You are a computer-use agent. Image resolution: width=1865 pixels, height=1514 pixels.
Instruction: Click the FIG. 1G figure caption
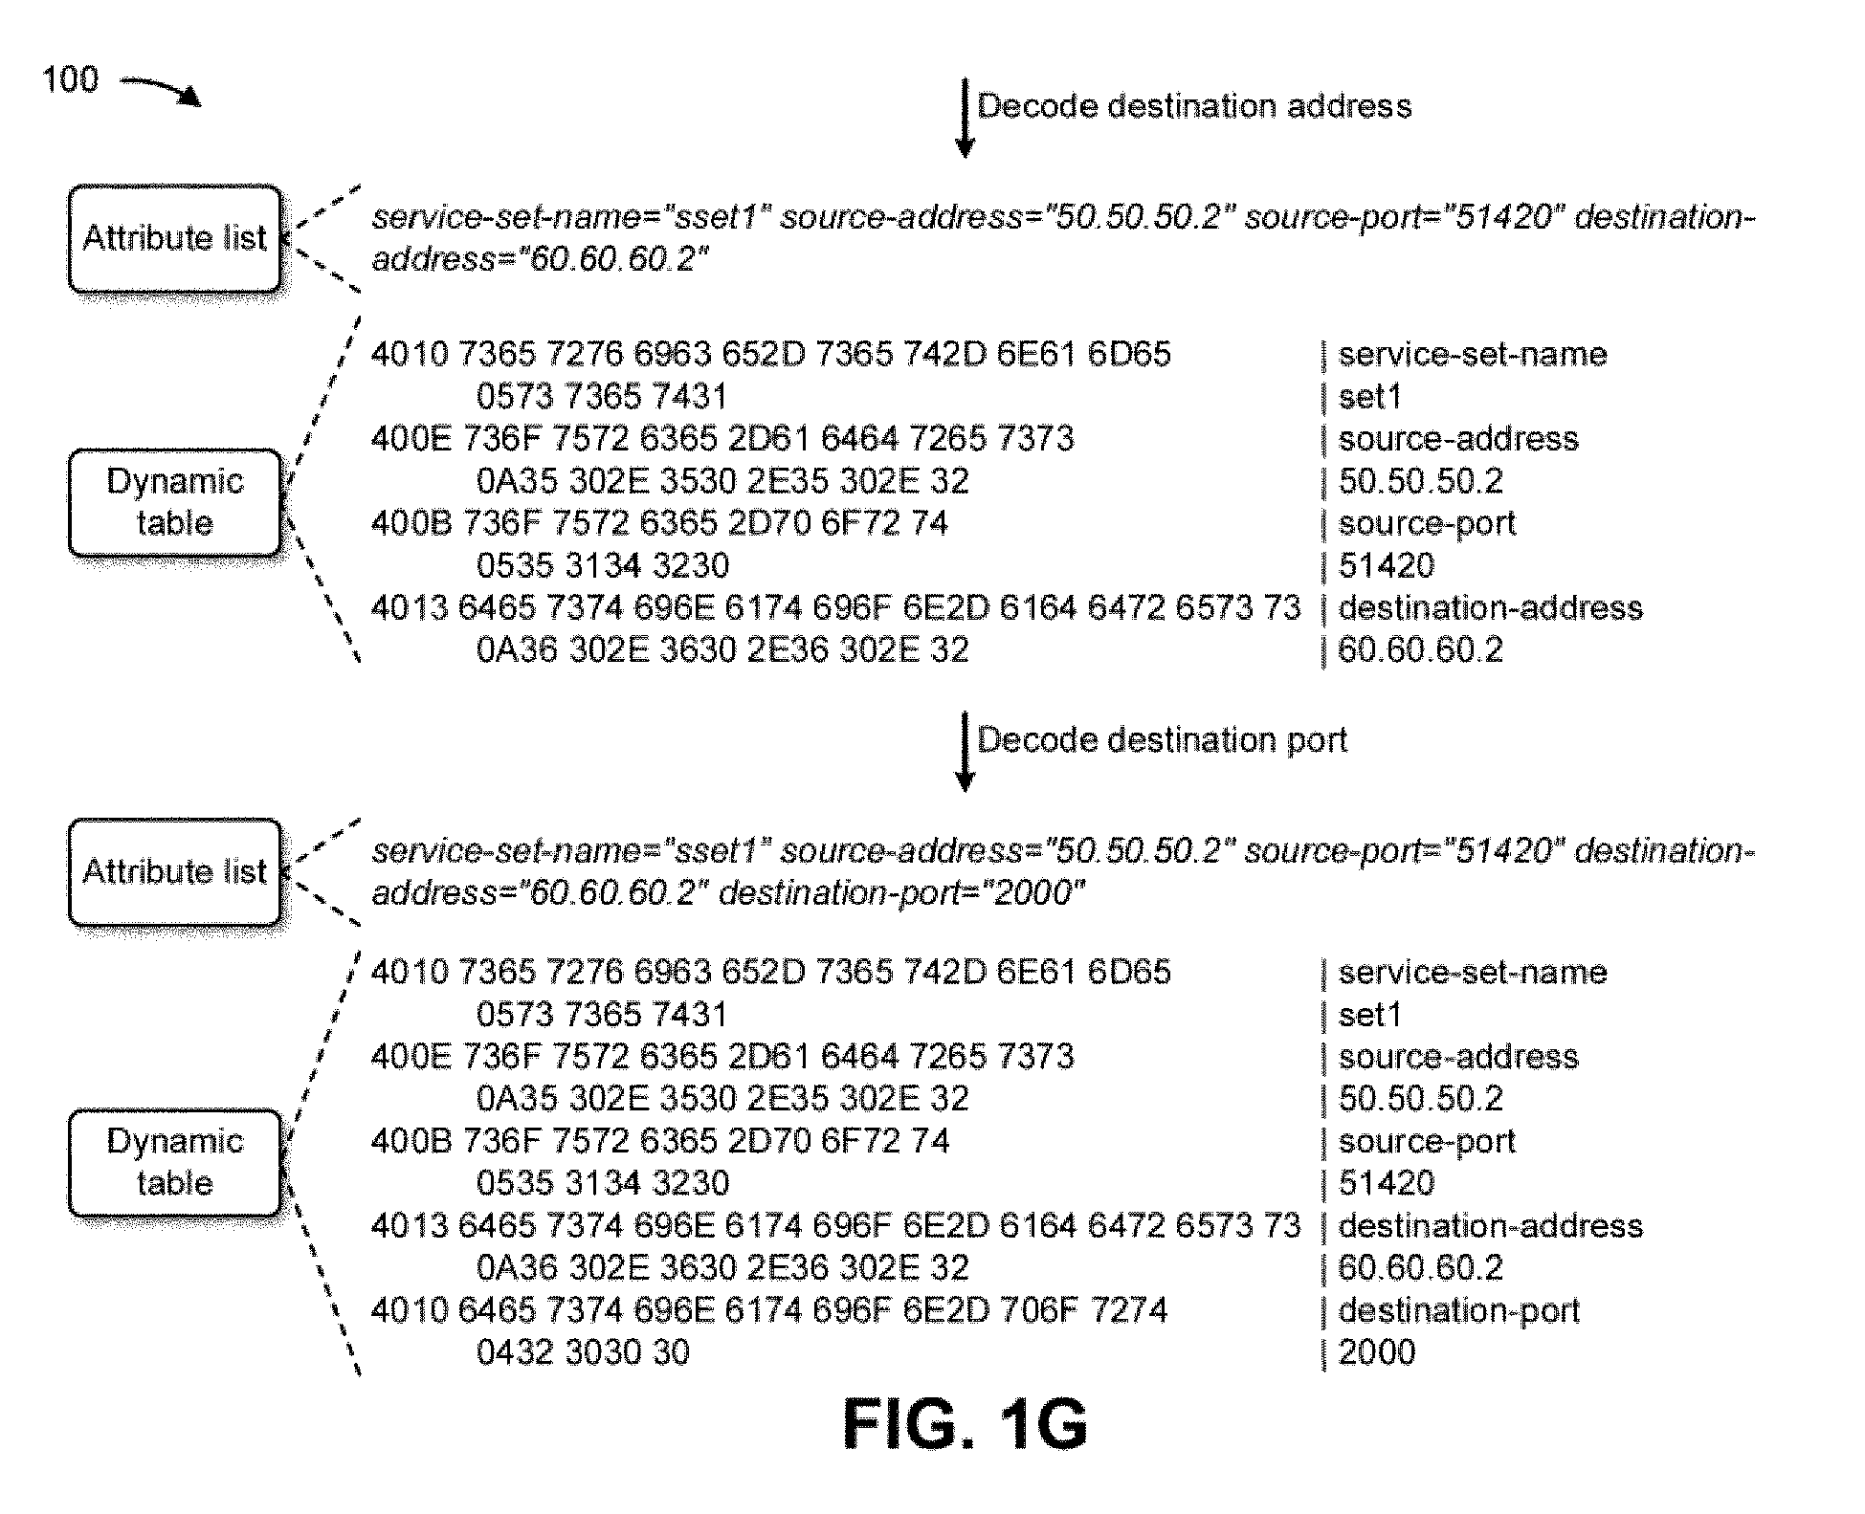(x=965, y=1424)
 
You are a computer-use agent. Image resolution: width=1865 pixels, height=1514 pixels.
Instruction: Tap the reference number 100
(x=70, y=79)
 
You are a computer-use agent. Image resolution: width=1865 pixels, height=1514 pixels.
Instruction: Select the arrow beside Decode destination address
(x=965, y=119)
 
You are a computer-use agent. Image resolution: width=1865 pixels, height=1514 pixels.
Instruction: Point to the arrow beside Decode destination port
(x=965, y=753)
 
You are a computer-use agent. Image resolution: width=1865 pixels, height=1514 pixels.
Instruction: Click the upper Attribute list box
(x=175, y=238)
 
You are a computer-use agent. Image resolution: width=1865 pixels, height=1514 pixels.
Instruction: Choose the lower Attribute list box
(x=175, y=872)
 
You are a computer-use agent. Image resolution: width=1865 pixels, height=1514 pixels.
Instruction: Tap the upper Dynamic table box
(x=175, y=502)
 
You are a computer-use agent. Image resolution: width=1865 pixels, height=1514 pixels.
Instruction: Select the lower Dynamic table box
(x=175, y=1163)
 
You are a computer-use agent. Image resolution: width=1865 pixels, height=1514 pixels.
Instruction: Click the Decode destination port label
(x=1162, y=740)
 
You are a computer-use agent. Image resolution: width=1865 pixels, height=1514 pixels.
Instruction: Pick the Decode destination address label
(x=1194, y=106)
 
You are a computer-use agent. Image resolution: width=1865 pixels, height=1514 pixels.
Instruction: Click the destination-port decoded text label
(x=1458, y=1310)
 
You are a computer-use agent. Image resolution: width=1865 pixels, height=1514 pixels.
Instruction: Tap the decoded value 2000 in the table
(x=1376, y=1352)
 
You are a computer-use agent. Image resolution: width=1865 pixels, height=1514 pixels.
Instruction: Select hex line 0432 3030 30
(x=583, y=1352)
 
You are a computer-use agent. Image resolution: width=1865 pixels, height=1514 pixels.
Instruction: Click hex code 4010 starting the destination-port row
(x=409, y=1310)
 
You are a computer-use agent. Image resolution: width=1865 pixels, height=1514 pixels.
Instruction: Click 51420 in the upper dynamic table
(x=1386, y=566)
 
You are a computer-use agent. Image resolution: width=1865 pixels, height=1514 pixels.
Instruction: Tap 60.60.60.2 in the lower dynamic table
(x=1420, y=1268)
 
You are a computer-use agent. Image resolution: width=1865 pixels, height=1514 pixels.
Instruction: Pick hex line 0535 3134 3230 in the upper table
(x=603, y=566)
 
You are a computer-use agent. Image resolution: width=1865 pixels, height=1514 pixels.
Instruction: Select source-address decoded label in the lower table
(x=1458, y=1057)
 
